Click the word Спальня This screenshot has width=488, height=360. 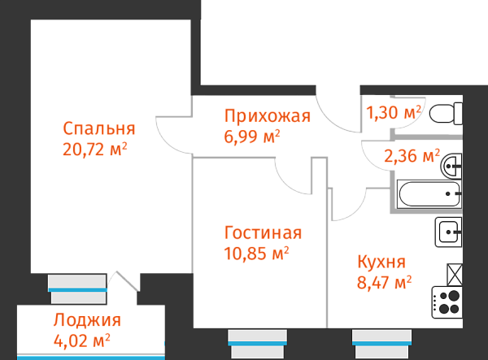[x=98, y=129]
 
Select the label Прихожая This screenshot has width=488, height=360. [x=268, y=116]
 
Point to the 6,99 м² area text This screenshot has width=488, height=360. [x=252, y=136]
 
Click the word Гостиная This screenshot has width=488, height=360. [x=263, y=233]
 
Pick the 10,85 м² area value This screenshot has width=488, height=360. [x=256, y=253]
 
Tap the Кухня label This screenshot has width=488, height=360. [x=381, y=262]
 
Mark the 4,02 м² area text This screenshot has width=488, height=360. [x=81, y=339]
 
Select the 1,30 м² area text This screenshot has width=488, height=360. [x=394, y=112]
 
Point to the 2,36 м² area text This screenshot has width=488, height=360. [x=412, y=155]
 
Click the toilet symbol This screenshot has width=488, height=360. [x=445, y=114]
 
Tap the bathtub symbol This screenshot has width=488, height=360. [x=430, y=195]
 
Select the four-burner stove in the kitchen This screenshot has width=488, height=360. [x=447, y=303]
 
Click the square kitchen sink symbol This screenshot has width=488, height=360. [x=448, y=232]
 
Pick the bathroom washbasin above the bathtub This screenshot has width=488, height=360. [x=451, y=166]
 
